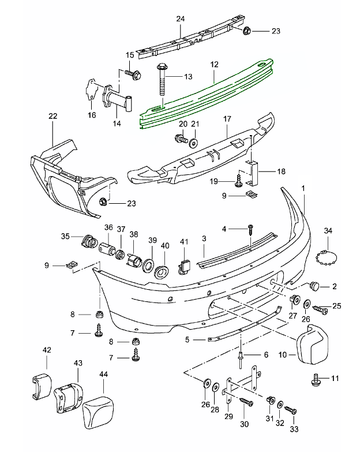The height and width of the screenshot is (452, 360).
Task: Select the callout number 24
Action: (180, 18)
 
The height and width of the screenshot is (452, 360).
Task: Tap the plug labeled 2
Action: (315, 286)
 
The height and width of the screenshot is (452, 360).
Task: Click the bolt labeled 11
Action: (317, 379)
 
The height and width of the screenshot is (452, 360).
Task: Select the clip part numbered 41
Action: (185, 266)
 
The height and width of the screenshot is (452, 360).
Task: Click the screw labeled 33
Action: (292, 411)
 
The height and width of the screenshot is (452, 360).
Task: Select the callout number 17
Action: (227, 119)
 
